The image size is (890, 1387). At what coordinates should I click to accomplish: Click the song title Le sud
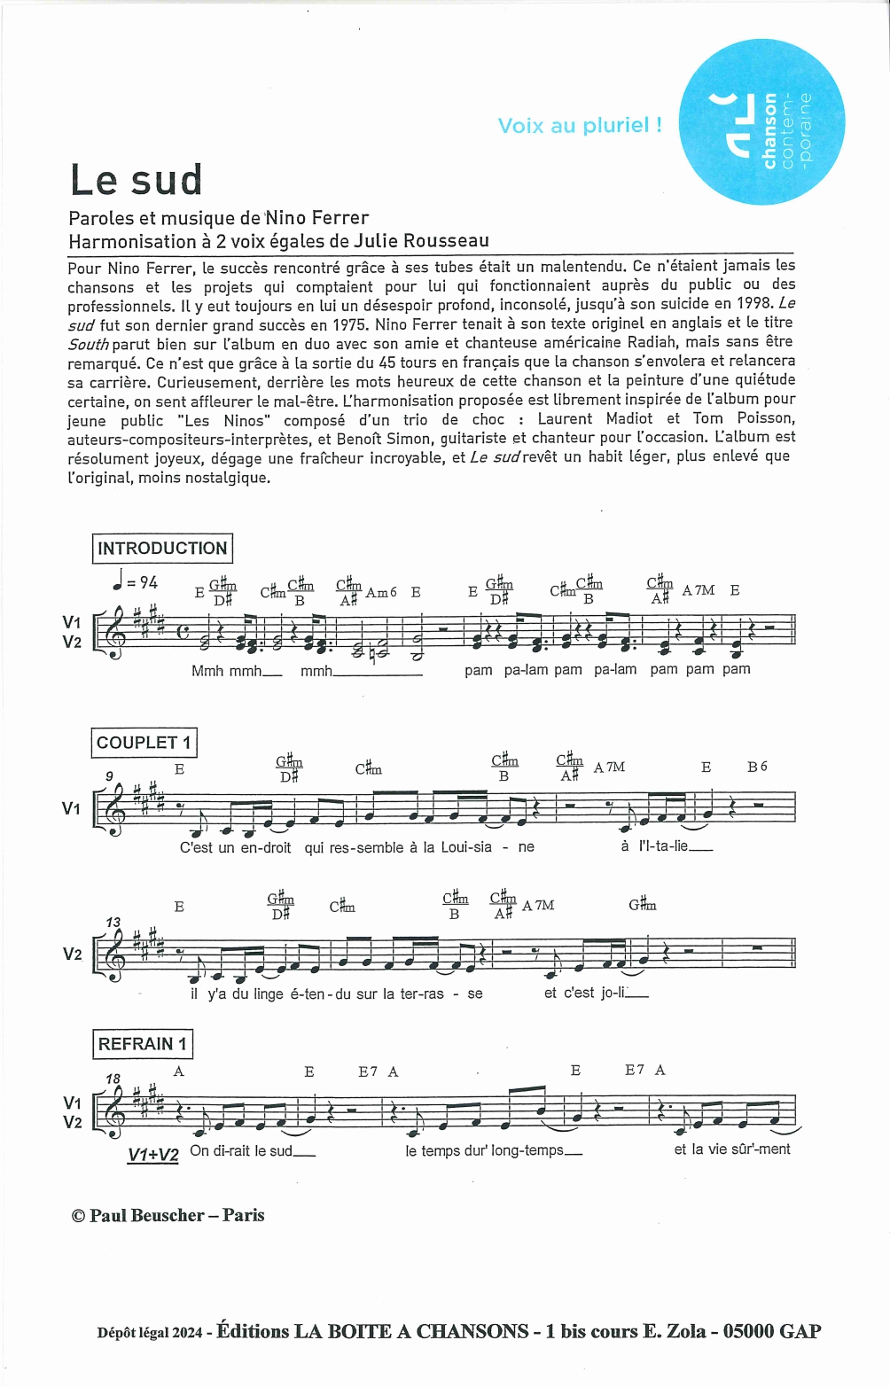click(x=137, y=180)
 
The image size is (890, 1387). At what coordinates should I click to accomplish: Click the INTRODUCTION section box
click(x=161, y=549)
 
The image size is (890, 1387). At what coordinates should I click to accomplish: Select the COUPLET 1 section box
click(x=143, y=743)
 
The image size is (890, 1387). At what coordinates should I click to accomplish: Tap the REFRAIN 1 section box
click(x=142, y=1044)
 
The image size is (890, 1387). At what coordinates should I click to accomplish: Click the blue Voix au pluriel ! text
click(x=580, y=126)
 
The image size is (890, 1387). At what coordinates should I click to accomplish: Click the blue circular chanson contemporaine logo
click(x=761, y=122)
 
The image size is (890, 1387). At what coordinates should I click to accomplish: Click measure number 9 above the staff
click(x=109, y=776)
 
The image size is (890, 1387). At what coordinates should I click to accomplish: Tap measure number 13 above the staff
click(x=113, y=922)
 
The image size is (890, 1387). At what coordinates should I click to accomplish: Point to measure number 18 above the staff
click(x=113, y=1079)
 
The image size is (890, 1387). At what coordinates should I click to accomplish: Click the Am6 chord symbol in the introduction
click(x=381, y=592)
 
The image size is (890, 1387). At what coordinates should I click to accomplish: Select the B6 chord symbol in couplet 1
click(x=757, y=767)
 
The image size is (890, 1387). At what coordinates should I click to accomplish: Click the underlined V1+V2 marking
click(x=153, y=1155)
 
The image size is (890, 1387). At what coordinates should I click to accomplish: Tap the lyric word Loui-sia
click(x=466, y=847)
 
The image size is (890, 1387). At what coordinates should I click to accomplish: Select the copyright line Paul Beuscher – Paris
click(x=168, y=1215)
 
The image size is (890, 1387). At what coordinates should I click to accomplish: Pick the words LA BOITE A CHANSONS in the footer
click(x=411, y=1331)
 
